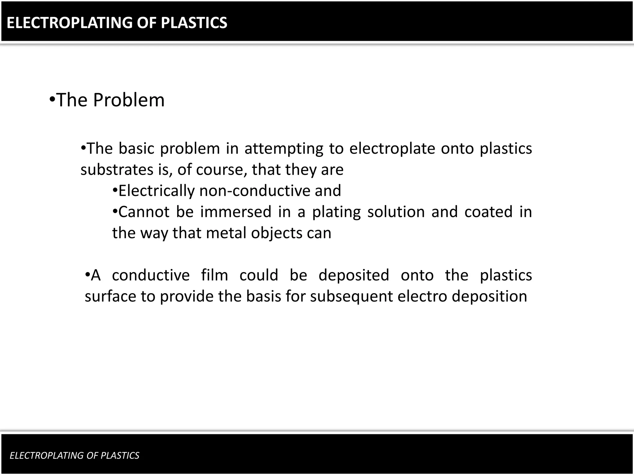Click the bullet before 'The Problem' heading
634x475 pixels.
[x=52, y=99]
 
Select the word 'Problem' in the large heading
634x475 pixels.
[x=129, y=100]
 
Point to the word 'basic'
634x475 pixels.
[x=136, y=148]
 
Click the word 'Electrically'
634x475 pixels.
[x=156, y=191]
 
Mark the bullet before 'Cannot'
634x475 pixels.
[x=115, y=211]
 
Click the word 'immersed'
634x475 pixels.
[x=236, y=212]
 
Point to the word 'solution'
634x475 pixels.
[x=396, y=212]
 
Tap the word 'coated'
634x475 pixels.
[x=489, y=212]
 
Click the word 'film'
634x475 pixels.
[x=215, y=275]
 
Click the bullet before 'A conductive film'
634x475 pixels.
[x=87, y=274]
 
